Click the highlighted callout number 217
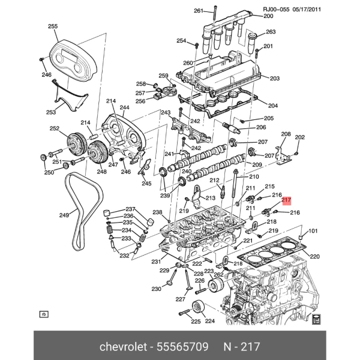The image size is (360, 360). tap(287, 200)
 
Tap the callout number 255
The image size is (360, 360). tap(53, 26)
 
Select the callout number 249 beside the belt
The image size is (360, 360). tap(64, 215)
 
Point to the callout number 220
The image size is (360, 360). tap(315, 256)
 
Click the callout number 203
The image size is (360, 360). tap(275, 79)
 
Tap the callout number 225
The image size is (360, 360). tap(196, 322)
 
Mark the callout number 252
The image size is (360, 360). tap(55, 128)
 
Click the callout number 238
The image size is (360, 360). tap(157, 212)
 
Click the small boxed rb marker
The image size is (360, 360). tap(43, 314)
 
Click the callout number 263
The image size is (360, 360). tap(271, 32)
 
